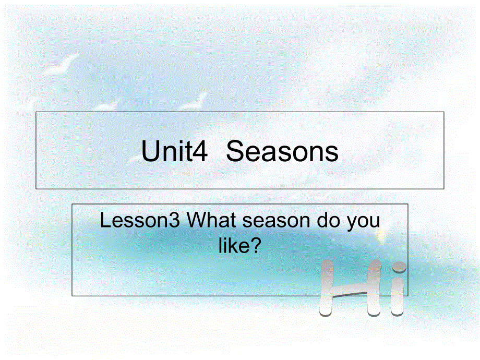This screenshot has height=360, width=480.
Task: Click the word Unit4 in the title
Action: click(175, 152)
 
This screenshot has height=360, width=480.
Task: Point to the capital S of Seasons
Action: click(237, 152)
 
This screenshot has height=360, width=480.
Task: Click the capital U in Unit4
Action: click(150, 152)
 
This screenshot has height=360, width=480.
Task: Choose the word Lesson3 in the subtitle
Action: click(140, 221)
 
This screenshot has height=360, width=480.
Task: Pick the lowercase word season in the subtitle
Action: click(271, 222)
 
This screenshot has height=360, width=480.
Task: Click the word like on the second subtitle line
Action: click(233, 245)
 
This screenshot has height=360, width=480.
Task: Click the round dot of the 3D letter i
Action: click(399, 267)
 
